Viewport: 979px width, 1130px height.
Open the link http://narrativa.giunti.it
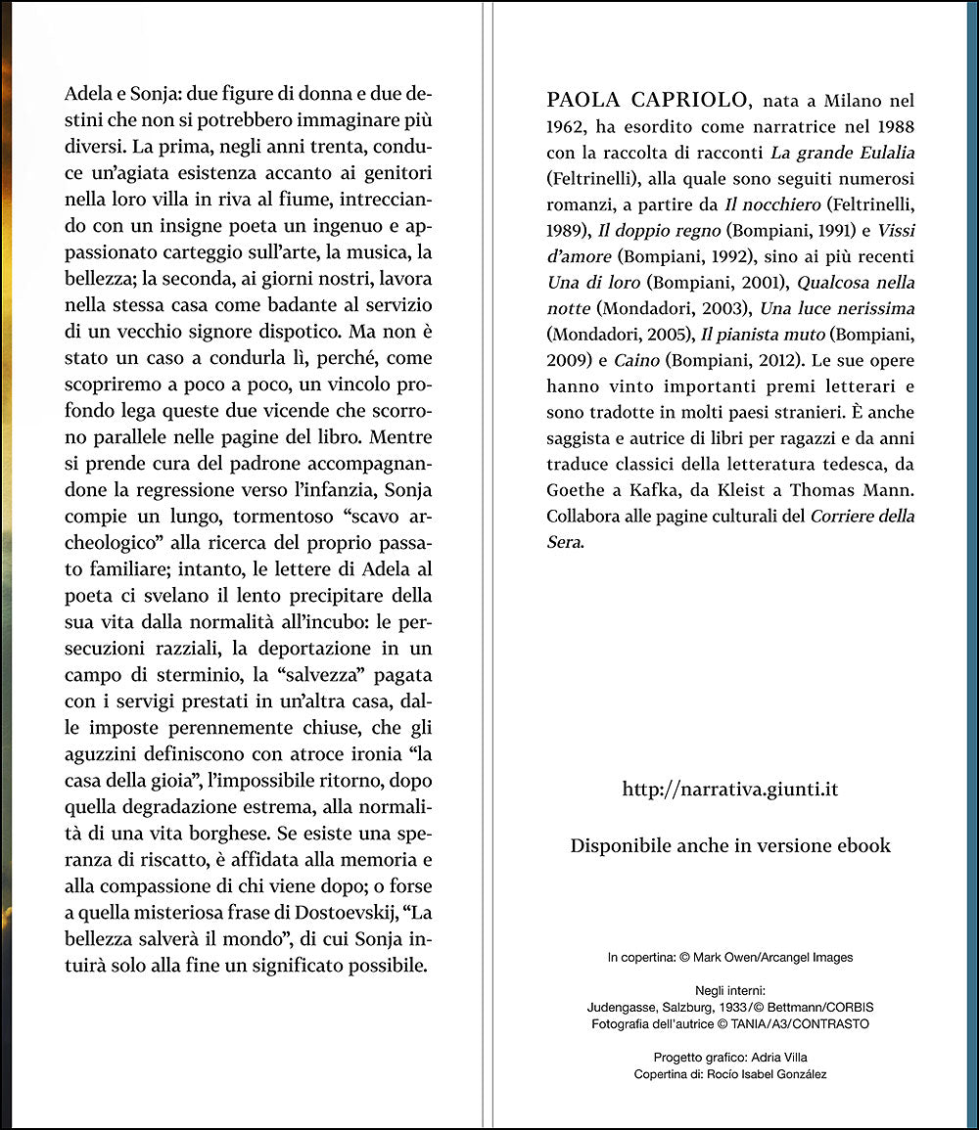coord(730,790)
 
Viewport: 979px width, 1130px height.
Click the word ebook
coord(862,846)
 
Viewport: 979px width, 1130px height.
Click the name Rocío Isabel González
coord(772,1074)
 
